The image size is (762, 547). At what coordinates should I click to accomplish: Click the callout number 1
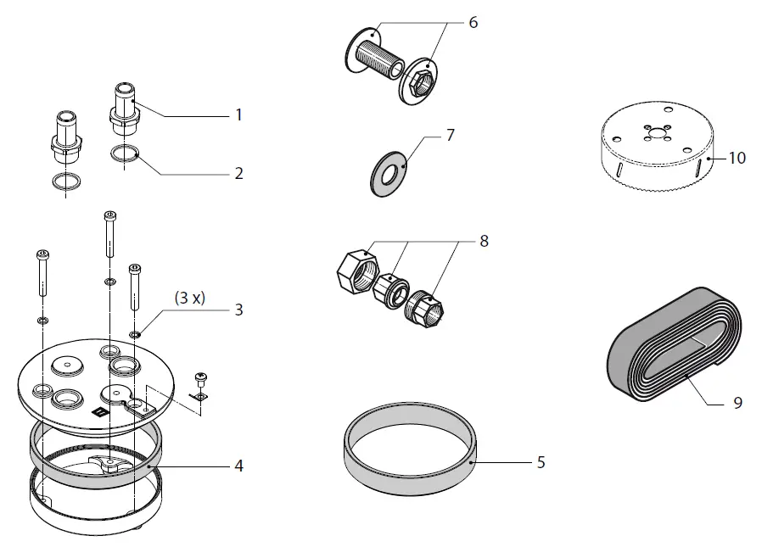pos(239,114)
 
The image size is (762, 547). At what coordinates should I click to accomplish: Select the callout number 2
pos(239,173)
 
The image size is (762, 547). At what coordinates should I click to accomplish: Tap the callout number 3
pos(239,310)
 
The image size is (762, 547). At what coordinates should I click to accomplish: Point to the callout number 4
pos(239,466)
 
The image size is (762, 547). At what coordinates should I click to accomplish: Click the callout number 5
pos(541,462)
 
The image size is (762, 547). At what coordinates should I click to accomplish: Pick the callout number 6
pos(473,22)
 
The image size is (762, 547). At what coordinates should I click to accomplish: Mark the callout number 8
pos(484,241)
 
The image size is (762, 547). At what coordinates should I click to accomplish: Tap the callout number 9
pos(737,402)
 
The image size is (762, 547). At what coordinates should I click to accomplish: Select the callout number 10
pos(737,158)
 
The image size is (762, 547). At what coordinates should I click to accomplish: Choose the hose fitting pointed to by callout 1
pos(126,111)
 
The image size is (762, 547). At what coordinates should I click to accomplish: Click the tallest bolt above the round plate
pos(109,233)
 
